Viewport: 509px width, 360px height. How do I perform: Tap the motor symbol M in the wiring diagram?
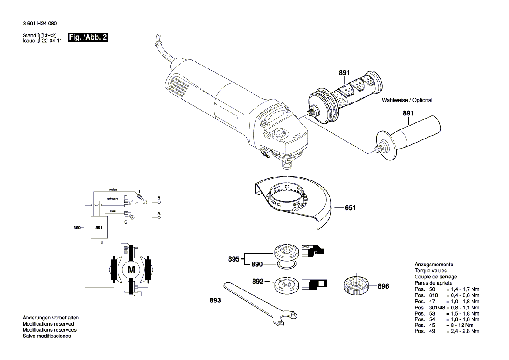pos(131,270)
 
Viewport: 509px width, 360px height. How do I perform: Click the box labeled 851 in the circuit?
pos(99,228)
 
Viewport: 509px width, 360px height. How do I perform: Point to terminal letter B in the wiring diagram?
pos(159,198)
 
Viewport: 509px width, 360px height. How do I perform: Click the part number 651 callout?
pos(350,208)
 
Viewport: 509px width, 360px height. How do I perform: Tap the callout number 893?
pos(215,300)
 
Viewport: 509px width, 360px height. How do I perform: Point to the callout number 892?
pos(258,282)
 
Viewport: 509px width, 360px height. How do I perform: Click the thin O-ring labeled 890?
pos(287,265)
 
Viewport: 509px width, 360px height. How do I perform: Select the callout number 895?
pos(234,259)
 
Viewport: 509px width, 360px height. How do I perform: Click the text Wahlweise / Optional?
pos(407,100)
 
